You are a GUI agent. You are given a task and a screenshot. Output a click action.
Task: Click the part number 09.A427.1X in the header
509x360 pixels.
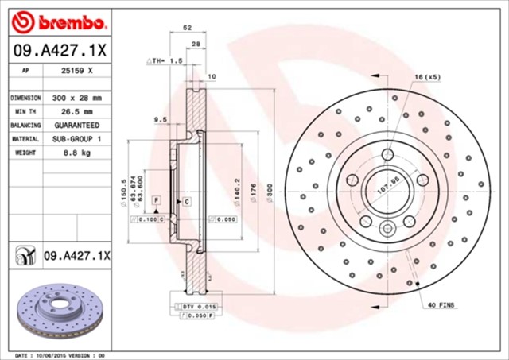pos(60,49)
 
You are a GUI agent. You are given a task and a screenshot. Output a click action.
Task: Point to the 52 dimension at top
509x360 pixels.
pos(187,27)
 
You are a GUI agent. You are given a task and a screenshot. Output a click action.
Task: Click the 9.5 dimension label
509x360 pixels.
pos(158,119)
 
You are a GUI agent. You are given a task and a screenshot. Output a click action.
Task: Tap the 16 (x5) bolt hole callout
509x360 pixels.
pos(426,76)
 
